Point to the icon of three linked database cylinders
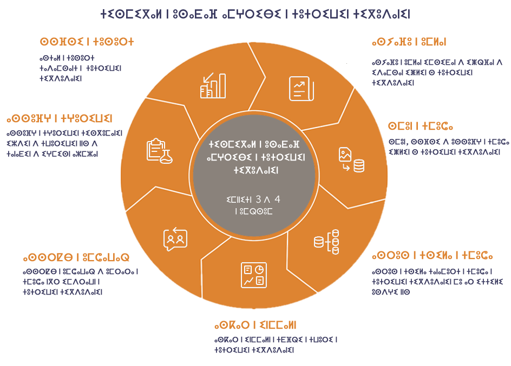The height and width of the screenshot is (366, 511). (326, 242)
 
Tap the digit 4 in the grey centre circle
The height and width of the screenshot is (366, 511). (277, 200)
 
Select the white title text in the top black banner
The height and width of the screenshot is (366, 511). (255, 15)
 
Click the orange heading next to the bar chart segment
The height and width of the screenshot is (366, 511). (87, 41)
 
